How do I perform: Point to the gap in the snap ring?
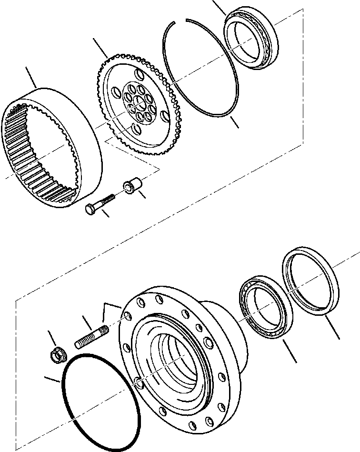pyautogui.click(x=180, y=20)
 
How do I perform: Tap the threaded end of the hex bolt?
pyautogui.click(x=110, y=197)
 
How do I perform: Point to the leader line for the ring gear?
pyautogui.click(x=30, y=78)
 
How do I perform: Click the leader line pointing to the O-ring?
pyautogui.click(x=50, y=380)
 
